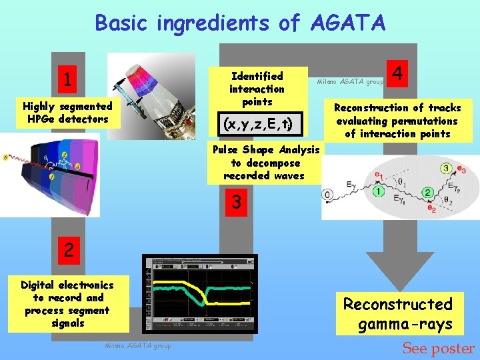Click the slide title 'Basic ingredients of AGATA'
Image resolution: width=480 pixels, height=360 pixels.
(240, 23)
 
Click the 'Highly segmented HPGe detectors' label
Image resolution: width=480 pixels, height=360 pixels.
(67, 113)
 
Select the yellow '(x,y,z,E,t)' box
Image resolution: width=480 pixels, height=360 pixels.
(257, 123)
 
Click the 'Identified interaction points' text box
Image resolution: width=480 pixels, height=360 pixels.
(257, 89)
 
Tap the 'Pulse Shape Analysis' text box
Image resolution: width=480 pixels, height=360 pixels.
(265, 163)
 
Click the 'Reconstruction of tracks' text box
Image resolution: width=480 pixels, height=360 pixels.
(397, 121)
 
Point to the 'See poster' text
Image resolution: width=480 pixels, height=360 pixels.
(438, 349)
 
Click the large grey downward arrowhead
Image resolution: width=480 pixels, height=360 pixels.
(399, 270)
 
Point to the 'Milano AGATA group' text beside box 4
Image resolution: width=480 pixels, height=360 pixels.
(350, 81)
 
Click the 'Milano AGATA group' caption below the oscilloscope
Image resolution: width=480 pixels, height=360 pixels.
(138, 345)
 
